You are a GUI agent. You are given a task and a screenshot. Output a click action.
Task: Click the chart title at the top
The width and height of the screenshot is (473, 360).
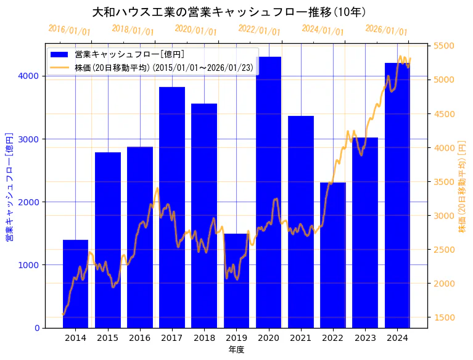coord(229,12)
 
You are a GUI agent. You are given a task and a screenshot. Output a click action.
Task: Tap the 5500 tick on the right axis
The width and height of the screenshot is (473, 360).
coord(444,46)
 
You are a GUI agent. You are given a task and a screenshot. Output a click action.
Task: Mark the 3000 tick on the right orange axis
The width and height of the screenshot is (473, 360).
coord(444,216)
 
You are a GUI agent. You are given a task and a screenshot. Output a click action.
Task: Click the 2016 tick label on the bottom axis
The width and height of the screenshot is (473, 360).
coord(140,338)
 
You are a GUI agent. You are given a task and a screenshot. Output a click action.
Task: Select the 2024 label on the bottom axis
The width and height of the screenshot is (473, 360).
coord(397,338)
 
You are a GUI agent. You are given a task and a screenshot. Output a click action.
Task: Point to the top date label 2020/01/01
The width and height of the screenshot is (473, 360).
coord(195,30)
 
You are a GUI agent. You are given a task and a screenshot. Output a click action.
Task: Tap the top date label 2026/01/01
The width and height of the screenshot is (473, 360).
coord(386,30)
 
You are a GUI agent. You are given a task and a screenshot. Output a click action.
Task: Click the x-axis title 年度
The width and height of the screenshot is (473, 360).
coord(236,350)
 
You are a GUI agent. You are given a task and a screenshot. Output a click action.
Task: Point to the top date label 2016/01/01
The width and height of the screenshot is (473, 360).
coord(69,30)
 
